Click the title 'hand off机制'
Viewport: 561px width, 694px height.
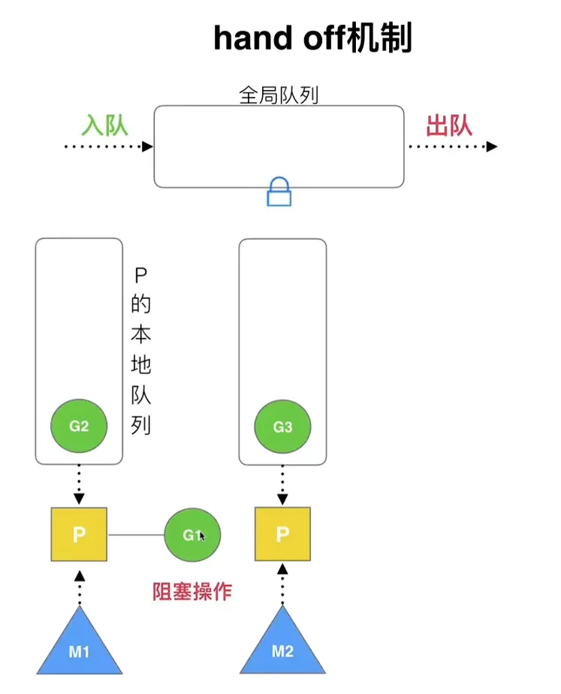point(312,38)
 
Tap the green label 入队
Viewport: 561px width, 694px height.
point(105,125)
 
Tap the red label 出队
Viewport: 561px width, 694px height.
point(449,125)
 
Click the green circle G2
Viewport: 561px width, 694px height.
point(79,427)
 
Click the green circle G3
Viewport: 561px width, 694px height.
point(282,427)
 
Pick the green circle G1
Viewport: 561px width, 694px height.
point(192,535)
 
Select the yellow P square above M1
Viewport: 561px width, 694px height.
point(79,535)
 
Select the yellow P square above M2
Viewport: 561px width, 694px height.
point(282,535)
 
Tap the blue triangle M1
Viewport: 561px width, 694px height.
point(79,646)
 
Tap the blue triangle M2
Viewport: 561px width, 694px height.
point(282,646)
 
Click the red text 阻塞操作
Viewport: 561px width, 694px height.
point(192,592)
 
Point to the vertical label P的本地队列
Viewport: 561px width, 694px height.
point(140,349)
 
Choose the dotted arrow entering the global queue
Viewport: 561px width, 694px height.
point(108,146)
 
